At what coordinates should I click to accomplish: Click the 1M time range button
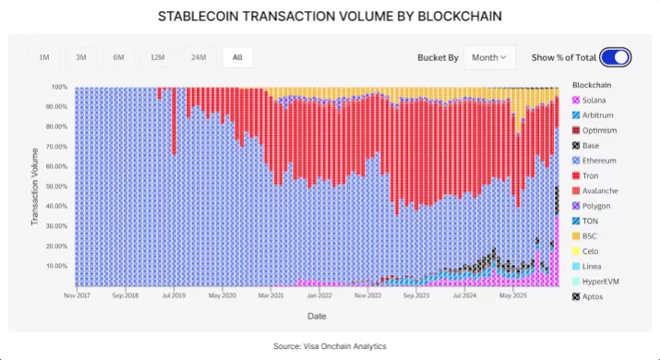[x=43, y=57]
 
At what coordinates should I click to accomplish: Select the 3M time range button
[x=81, y=57]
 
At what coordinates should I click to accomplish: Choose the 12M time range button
[x=158, y=57]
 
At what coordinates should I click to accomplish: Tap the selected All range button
[x=237, y=57]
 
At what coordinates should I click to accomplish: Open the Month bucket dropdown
[x=489, y=57]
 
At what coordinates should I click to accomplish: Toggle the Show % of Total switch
[x=615, y=57]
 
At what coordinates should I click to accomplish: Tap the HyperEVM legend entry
[x=602, y=282]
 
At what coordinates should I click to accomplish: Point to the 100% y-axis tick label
[x=58, y=87]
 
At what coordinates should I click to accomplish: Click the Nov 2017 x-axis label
[x=81, y=296]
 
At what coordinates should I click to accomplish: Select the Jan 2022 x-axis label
[x=318, y=296]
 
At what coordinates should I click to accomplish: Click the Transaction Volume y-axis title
[x=35, y=186]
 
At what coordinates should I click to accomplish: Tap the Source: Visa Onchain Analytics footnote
[x=330, y=346]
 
